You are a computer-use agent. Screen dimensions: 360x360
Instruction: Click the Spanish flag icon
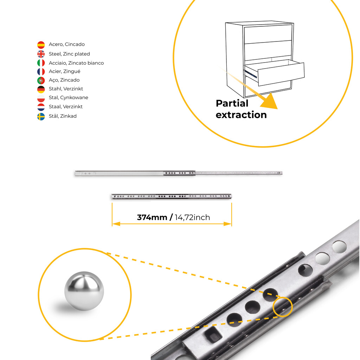[x=41, y=45]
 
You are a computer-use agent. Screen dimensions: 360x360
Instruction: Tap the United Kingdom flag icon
[x=41, y=54]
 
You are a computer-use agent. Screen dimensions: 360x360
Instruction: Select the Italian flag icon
[x=41, y=63]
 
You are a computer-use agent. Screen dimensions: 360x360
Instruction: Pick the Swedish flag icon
[x=41, y=116]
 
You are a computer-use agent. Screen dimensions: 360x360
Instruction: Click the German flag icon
[x=41, y=89]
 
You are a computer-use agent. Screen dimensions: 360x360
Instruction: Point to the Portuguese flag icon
[x=41, y=81]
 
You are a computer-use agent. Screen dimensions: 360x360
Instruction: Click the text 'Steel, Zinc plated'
[x=69, y=54]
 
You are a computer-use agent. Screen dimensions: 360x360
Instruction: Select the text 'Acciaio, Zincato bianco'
[x=76, y=63]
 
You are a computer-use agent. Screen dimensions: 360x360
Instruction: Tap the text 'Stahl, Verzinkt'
[x=66, y=89]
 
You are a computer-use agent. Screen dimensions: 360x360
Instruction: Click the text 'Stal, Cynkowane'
[x=69, y=98]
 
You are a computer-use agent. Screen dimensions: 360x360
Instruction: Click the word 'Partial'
[x=232, y=103]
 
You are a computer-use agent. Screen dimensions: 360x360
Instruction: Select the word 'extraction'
[x=241, y=115]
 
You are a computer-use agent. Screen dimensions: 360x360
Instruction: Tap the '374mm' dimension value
[x=152, y=217]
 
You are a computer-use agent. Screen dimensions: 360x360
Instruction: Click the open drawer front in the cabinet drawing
[x=281, y=74]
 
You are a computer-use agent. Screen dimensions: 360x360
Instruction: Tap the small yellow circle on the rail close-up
[x=282, y=307]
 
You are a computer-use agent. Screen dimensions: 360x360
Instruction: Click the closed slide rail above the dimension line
[x=172, y=196]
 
